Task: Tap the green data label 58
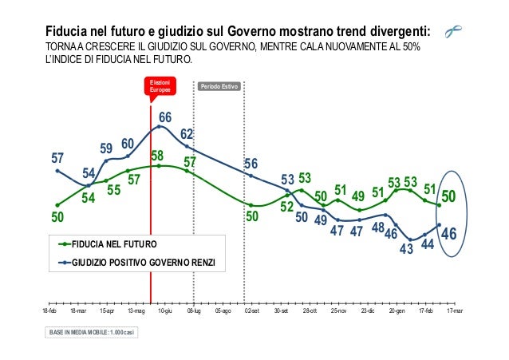pyautogui.click(x=157, y=155)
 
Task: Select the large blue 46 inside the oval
pyautogui.click(x=449, y=234)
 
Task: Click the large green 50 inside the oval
pyautogui.click(x=449, y=196)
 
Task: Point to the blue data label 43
pyautogui.click(x=406, y=248)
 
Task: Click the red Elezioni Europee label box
pyautogui.click(x=160, y=87)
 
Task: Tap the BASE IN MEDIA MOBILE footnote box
pyautogui.click(x=92, y=331)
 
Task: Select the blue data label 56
pyautogui.click(x=251, y=164)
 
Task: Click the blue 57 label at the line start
pyautogui.click(x=57, y=158)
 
